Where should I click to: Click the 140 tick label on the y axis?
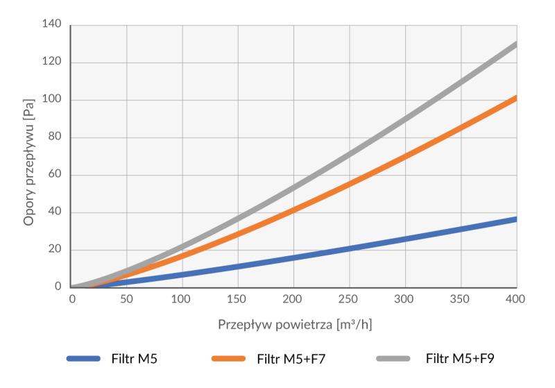[51, 24]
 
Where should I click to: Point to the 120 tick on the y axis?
[51, 61]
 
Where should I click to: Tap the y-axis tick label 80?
[55, 136]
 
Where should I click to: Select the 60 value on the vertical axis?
[55, 174]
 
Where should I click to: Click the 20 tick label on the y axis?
[55, 249]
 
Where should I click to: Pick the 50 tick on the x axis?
[126, 299]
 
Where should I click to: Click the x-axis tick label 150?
[237, 299]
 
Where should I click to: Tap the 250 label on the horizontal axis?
[348, 299]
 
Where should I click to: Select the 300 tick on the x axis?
[404, 299]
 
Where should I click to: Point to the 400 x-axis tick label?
[515, 299]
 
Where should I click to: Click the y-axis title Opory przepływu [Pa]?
[29, 162]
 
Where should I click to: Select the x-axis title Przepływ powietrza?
[275, 325]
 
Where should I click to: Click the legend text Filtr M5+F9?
[460, 359]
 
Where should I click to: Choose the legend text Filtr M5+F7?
[291, 359]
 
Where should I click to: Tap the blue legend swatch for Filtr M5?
[83, 359]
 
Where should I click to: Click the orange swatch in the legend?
[228, 359]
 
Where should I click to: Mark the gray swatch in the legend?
[393, 359]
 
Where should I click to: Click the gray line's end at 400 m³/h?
[516, 44]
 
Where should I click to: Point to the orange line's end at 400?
[516, 98]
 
